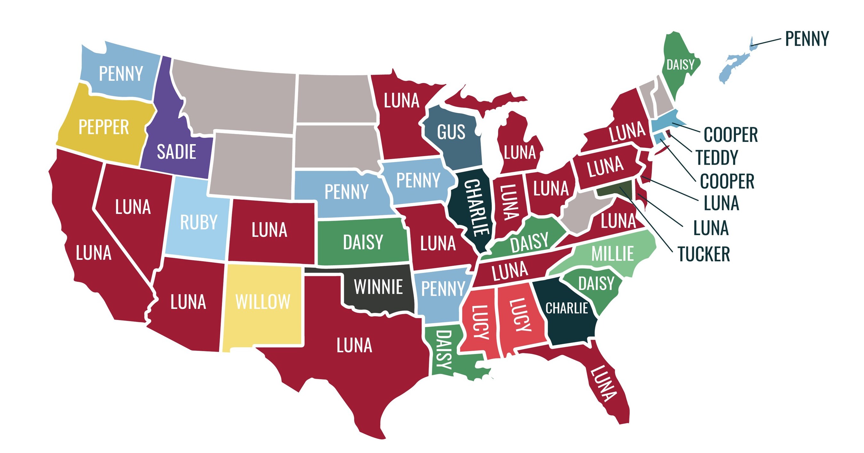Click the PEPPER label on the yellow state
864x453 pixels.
(104, 127)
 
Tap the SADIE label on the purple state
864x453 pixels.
(176, 152)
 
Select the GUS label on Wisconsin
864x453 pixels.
(451, 132)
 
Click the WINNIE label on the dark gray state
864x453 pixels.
(378, 287)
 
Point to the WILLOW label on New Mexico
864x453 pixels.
(263, 302)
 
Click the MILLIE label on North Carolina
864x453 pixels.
(612, 253)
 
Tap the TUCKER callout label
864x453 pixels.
(704, 254)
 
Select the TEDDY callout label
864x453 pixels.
(717, 158)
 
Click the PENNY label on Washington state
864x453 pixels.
(121, 74)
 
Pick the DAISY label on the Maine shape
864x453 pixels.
(680, 65)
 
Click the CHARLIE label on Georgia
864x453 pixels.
(566, 308)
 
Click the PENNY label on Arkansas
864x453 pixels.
(443, 289)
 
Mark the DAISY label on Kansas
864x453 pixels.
(363, 243)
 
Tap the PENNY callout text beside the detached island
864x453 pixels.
(807, 39)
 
